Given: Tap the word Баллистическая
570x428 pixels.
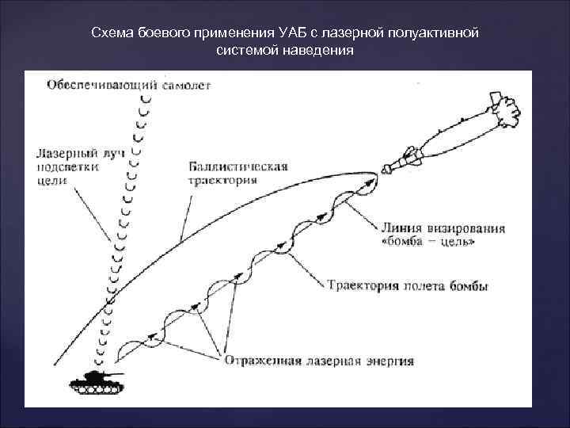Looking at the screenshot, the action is pos(238,166).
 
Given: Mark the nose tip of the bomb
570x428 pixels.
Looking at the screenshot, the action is pos(382,169).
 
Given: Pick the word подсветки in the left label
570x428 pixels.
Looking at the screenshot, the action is pos(66,166).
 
